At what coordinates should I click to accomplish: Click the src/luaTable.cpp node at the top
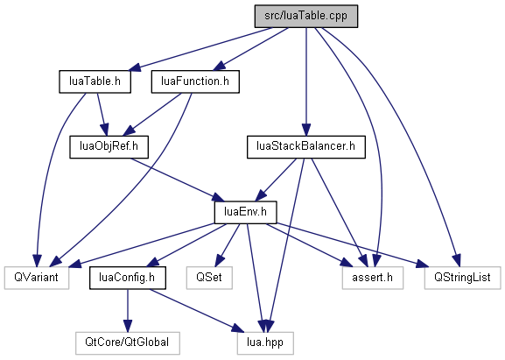point(306,16)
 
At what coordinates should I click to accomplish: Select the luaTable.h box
point(95,81)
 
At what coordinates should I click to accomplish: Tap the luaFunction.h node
point(195,81)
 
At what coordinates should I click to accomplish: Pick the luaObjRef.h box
point(109,147)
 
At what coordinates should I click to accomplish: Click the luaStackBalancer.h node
point(306,147)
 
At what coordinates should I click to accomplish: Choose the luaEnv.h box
point(245,212)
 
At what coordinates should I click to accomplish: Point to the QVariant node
point(37,278)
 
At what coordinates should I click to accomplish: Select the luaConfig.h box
point(128,278)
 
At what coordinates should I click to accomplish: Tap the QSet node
point(209,278)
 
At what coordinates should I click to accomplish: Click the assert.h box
point(372,278)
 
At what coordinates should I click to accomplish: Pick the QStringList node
point(462,278)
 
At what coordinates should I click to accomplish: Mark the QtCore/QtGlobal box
point(128,342)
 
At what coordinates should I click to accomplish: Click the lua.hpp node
point(265,342)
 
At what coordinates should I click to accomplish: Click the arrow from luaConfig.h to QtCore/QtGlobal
point(128,310)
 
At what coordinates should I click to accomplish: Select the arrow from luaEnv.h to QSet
point(228,244)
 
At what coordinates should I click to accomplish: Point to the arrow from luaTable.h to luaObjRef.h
point(102,115)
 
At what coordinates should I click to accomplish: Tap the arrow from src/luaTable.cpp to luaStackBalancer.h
point(306,81)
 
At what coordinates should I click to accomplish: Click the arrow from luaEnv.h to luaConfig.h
point(186,245)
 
